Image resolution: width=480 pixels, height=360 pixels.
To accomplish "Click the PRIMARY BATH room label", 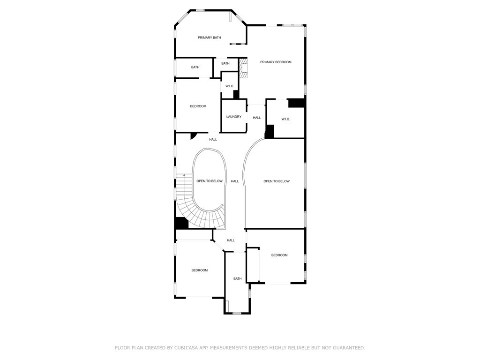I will tap(209, 37).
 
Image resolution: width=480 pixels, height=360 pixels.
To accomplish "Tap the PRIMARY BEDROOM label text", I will tap(276, 62).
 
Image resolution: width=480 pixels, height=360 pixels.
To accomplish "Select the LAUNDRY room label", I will tap(233, 117).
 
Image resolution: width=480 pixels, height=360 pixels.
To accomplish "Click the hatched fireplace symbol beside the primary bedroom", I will tap(243, 68).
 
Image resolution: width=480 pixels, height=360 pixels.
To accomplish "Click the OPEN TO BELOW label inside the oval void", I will tap(210, 181).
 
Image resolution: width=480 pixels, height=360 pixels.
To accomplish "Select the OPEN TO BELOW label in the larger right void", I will tap(277, 181).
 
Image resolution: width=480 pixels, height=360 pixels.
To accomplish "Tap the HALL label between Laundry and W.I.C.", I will tap(257, 118).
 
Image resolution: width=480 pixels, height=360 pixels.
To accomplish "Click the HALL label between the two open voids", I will tap(235, 181).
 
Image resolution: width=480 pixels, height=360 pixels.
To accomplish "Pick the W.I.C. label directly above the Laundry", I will tap(230, 86).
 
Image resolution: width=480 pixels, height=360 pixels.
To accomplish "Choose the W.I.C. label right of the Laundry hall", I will tap(285, 119).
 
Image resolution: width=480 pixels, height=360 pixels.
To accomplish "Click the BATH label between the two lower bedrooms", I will tap(238, 278).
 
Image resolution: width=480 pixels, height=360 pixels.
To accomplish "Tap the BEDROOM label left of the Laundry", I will tap(198, 106).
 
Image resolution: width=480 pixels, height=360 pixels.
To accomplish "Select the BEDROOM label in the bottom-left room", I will tap(199, 270).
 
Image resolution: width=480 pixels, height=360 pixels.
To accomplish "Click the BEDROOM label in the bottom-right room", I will tap(279, 255).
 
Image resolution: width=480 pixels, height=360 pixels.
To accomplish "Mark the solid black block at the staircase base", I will tap(181, 223).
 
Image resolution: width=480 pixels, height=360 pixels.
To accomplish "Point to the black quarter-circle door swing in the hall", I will tap(193, 135).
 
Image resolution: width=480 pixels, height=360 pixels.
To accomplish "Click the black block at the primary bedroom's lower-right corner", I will tap(296, 103).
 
